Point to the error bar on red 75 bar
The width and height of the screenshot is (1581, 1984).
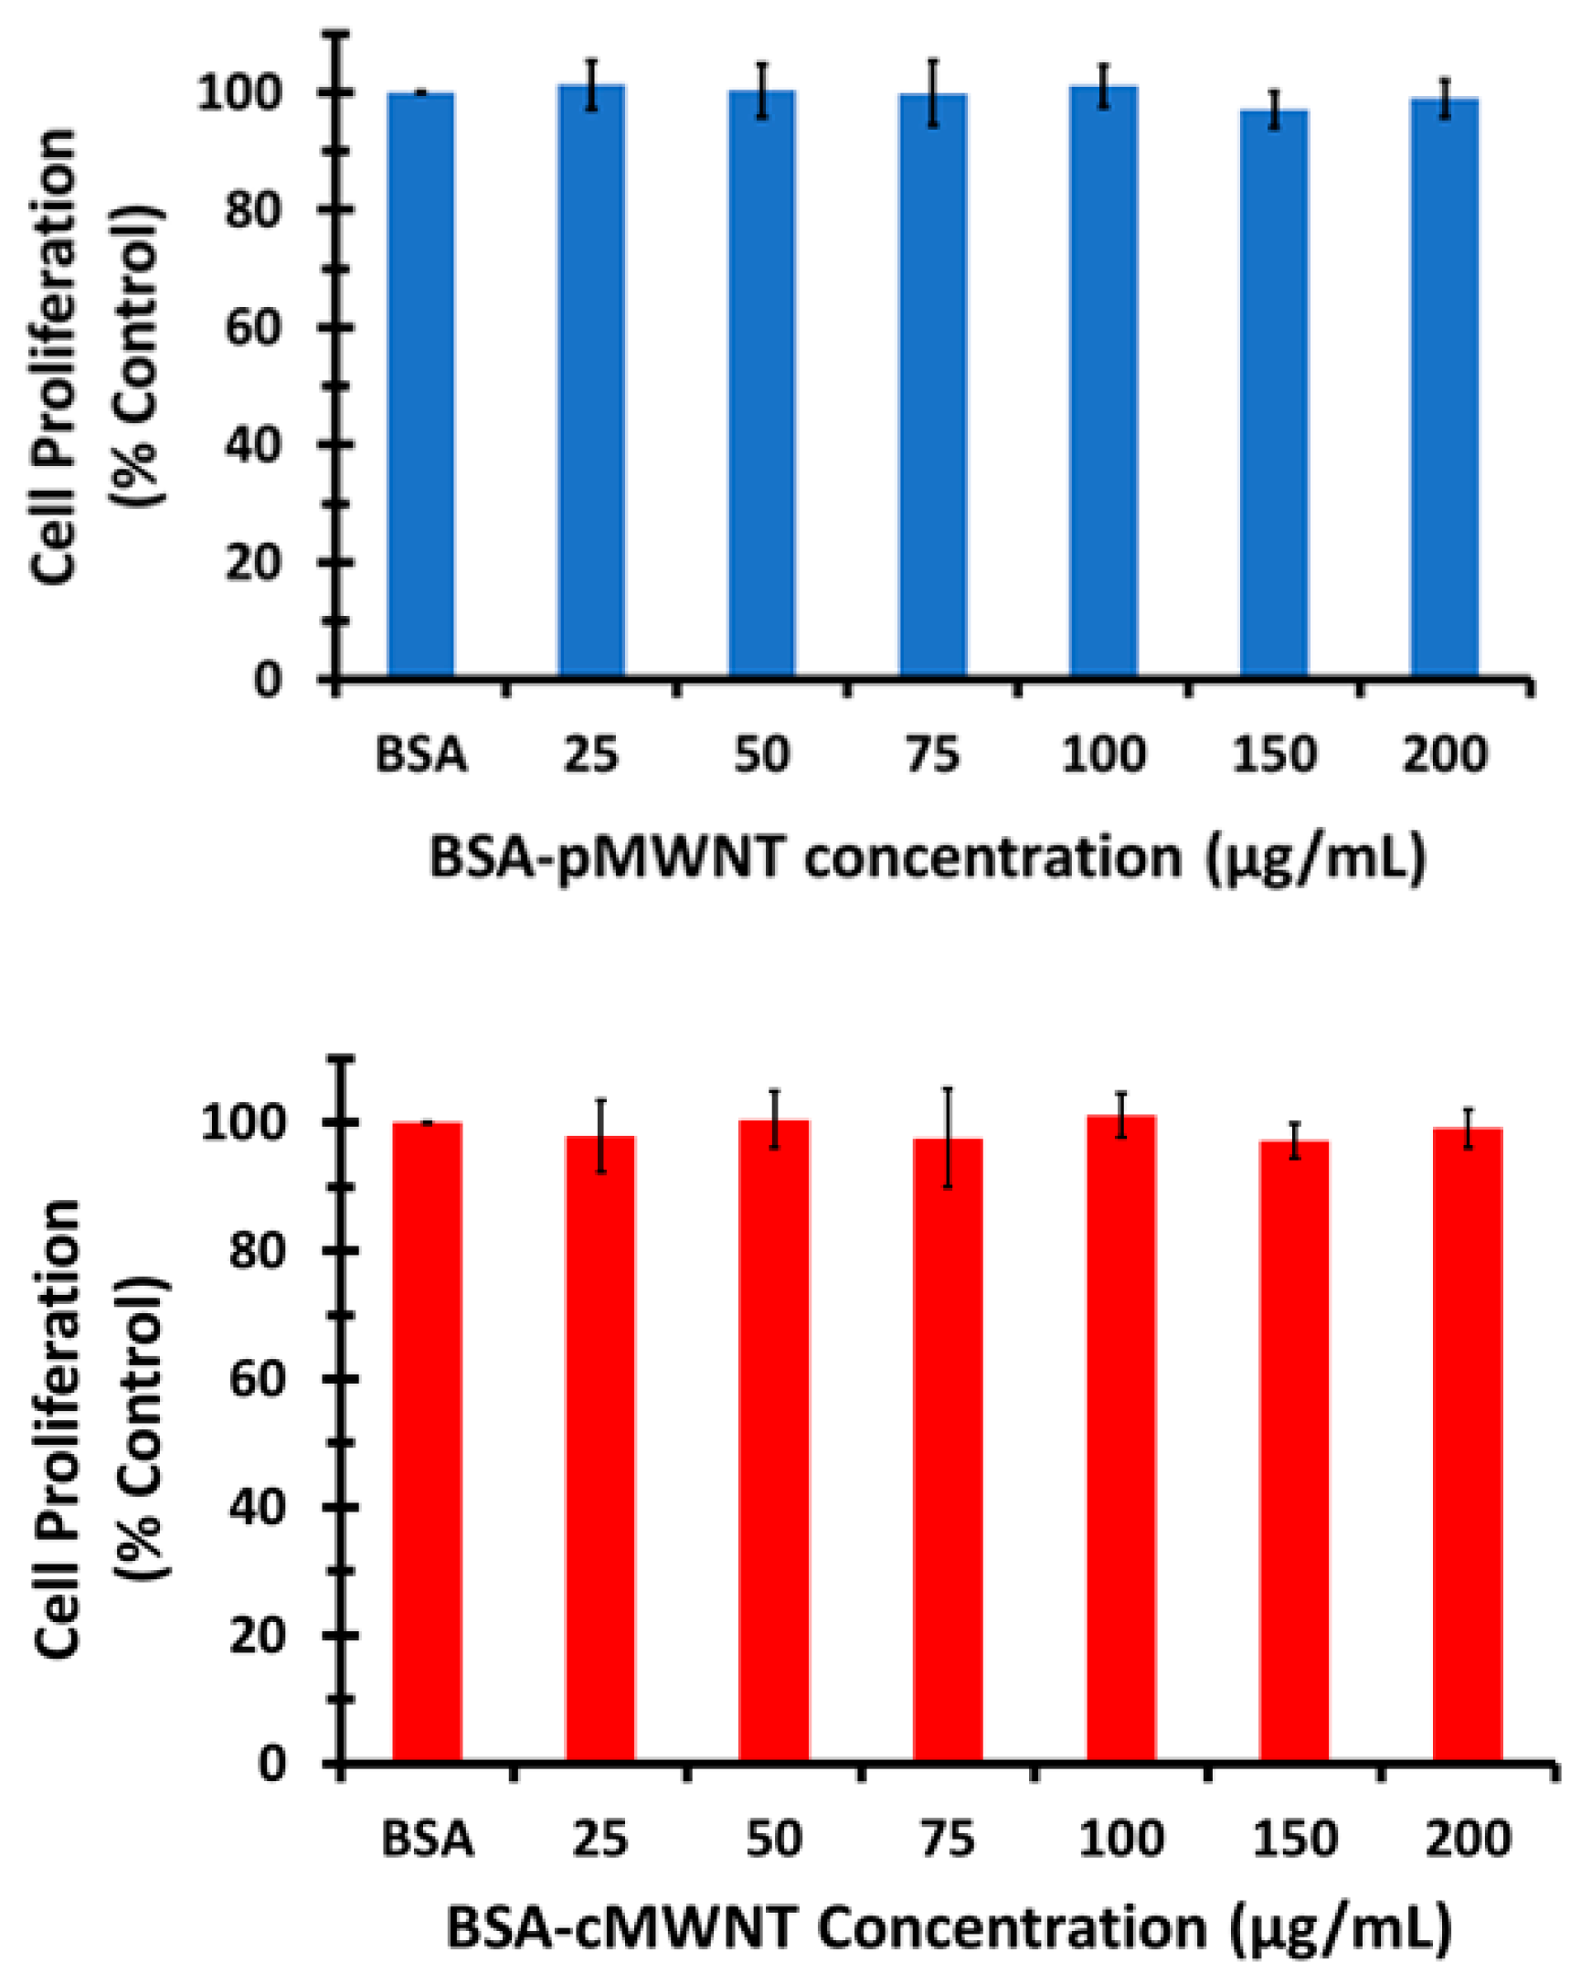[x=947, y=1138]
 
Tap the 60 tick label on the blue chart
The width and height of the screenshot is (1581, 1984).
[x=253, y=328]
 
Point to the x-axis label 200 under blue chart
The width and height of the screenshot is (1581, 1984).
[x=1443, y=755]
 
